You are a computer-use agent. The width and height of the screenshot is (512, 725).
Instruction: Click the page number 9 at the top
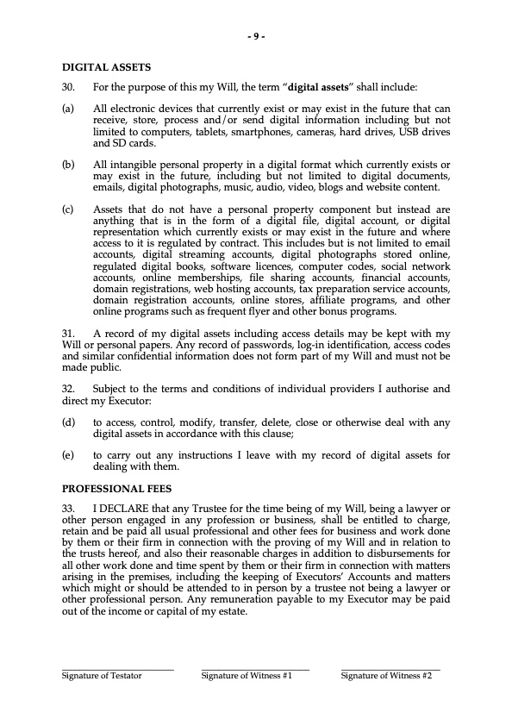[256, 36]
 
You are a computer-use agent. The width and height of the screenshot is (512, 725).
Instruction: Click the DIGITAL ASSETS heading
[106, 66]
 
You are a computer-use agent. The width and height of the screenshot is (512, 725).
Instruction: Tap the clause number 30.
[68, 87]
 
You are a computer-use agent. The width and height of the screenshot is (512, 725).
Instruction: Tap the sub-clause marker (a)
[67, 109]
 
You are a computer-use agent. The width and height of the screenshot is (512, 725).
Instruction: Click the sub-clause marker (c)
[67, 209]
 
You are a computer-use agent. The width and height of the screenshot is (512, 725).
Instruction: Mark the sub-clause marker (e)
[67, 455]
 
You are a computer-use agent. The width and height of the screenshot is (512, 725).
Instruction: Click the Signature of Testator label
[101, 676]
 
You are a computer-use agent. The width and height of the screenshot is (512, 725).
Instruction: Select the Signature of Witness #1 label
[247, 676]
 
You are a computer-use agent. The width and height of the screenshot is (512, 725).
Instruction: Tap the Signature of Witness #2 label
[385, 676]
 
